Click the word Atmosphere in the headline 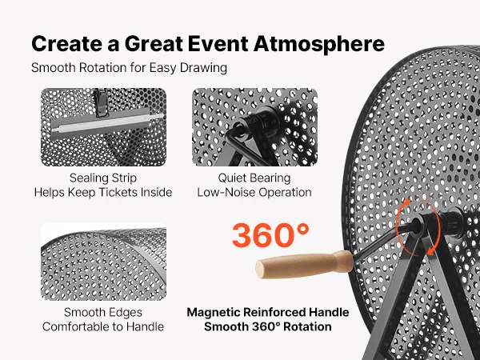319,43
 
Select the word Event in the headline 218,43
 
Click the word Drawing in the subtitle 203,68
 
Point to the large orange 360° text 270,235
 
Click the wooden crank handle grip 304,265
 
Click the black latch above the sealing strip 102,102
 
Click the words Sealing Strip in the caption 103,178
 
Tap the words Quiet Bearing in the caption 254,178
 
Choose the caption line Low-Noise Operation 254,192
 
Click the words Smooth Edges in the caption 103,312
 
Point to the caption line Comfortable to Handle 103,326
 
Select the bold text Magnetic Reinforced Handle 268,312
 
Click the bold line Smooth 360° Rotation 268,326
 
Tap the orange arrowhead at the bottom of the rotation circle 431,251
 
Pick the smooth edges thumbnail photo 103,262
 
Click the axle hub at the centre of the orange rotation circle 417,224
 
